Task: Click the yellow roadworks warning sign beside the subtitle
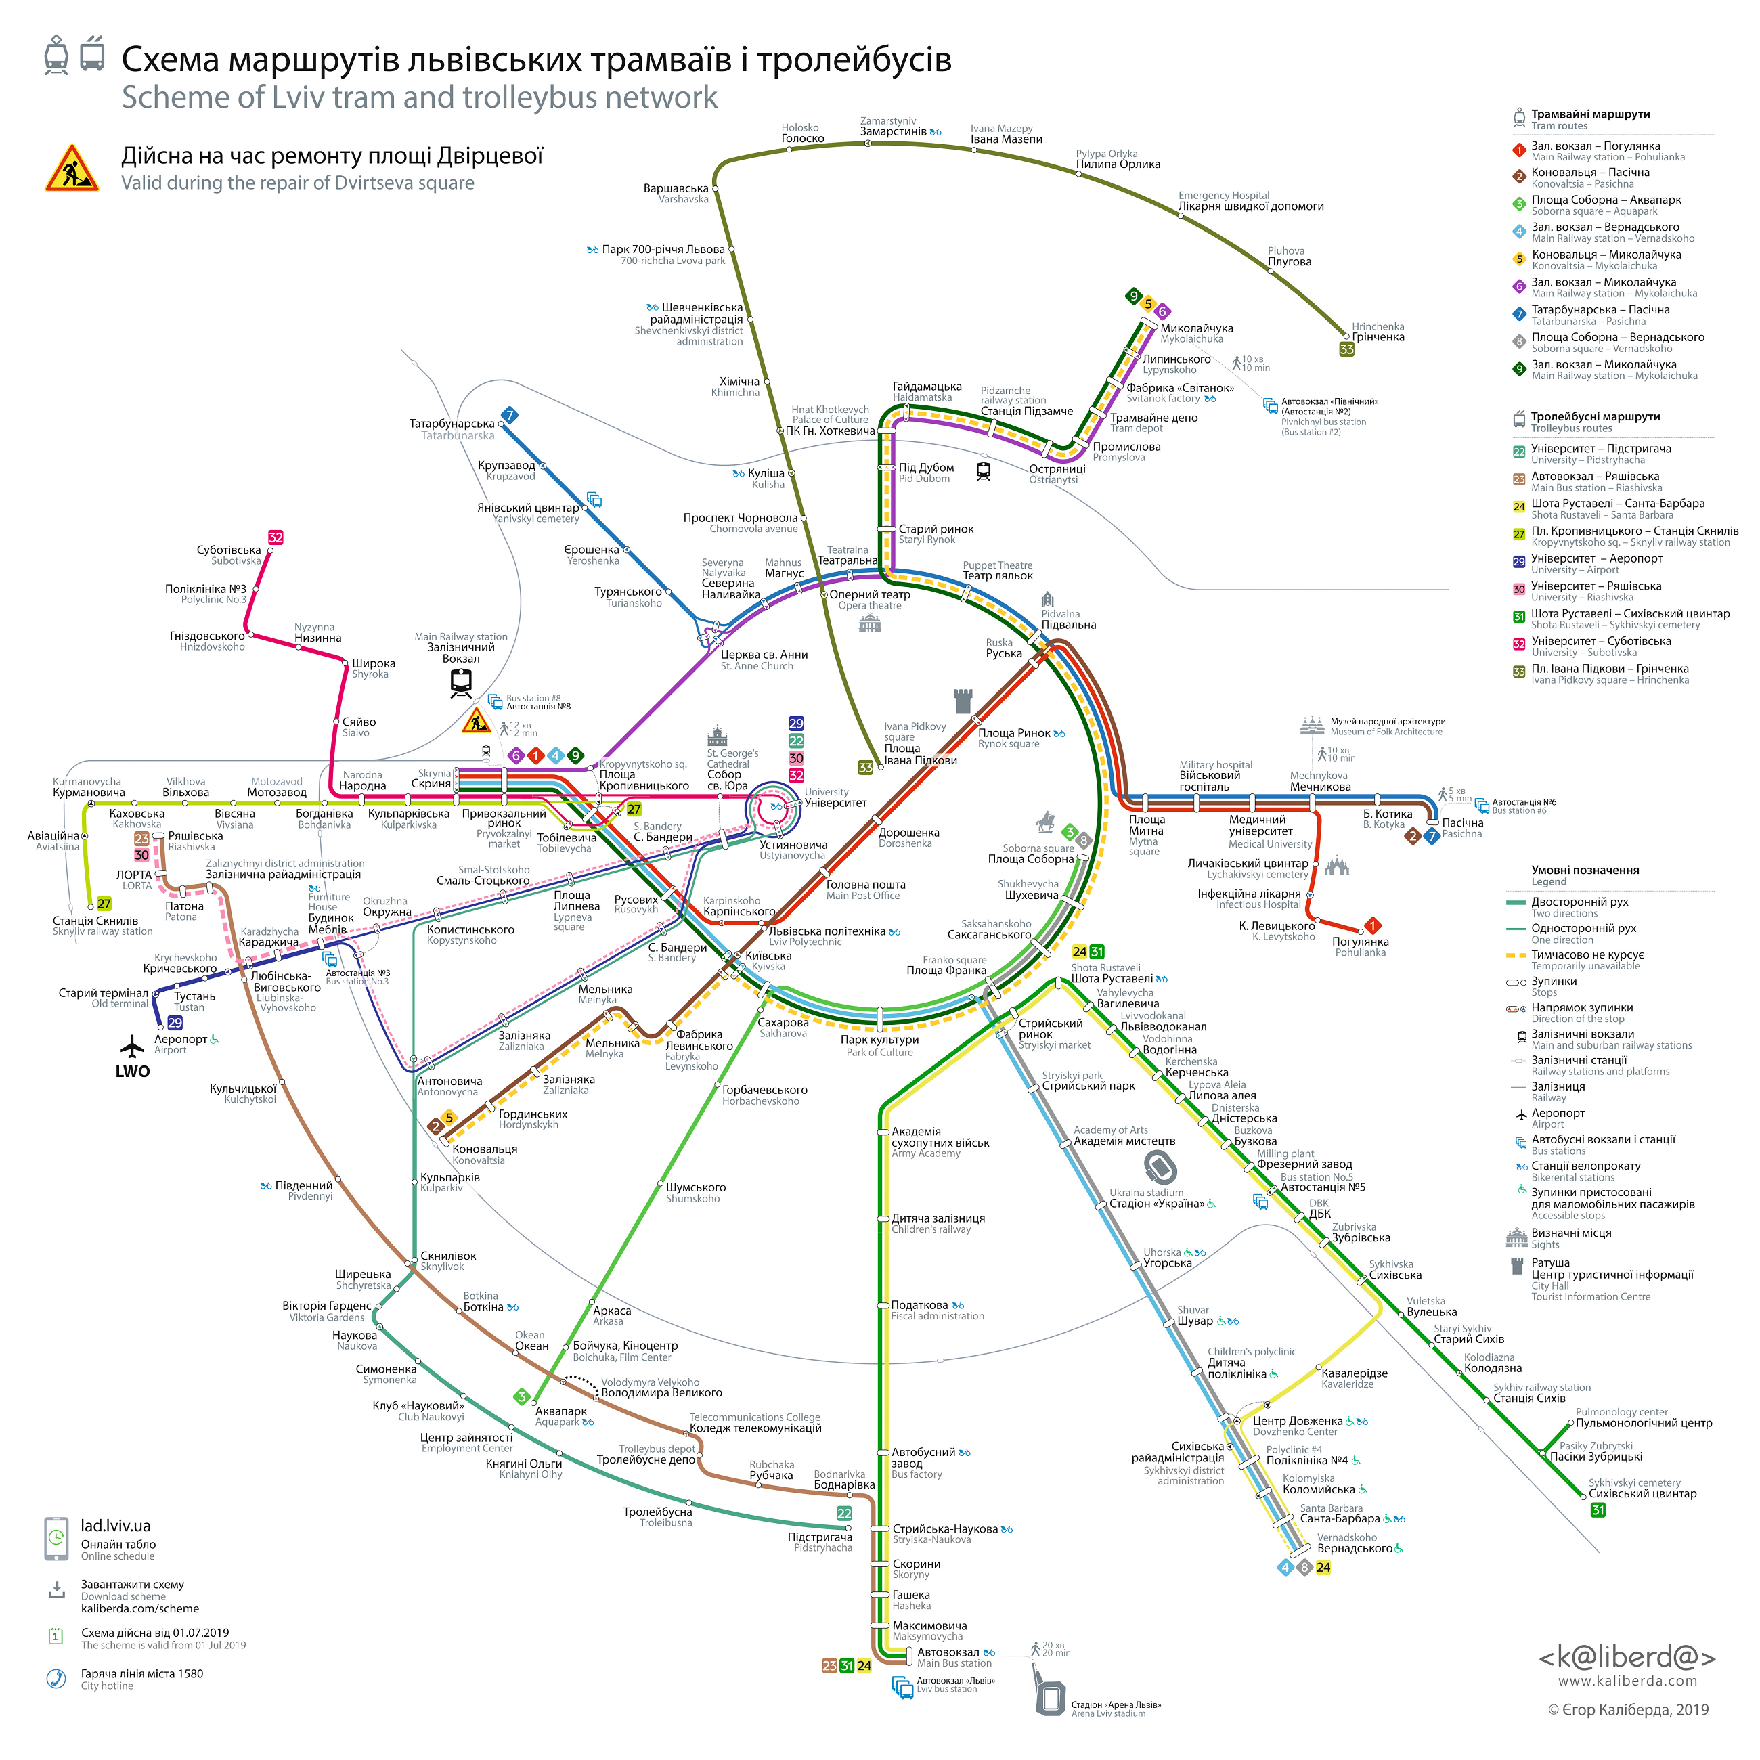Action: tap(72, 168)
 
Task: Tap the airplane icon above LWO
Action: tap(132, 1046)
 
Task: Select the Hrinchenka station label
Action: tap(1378, 332)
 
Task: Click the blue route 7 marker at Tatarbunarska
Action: tap(510, 416)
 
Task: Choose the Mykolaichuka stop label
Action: tap(1196, 334)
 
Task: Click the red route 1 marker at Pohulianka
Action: tap(1373, 925)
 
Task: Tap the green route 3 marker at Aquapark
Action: tap(522, 1396)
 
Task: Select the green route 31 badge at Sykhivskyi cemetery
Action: tap(1598, 1510)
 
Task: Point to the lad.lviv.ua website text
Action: tap(116, 1526)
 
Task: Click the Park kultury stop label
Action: tap(879, 1046)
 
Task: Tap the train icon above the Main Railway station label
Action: tap(461, 683)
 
